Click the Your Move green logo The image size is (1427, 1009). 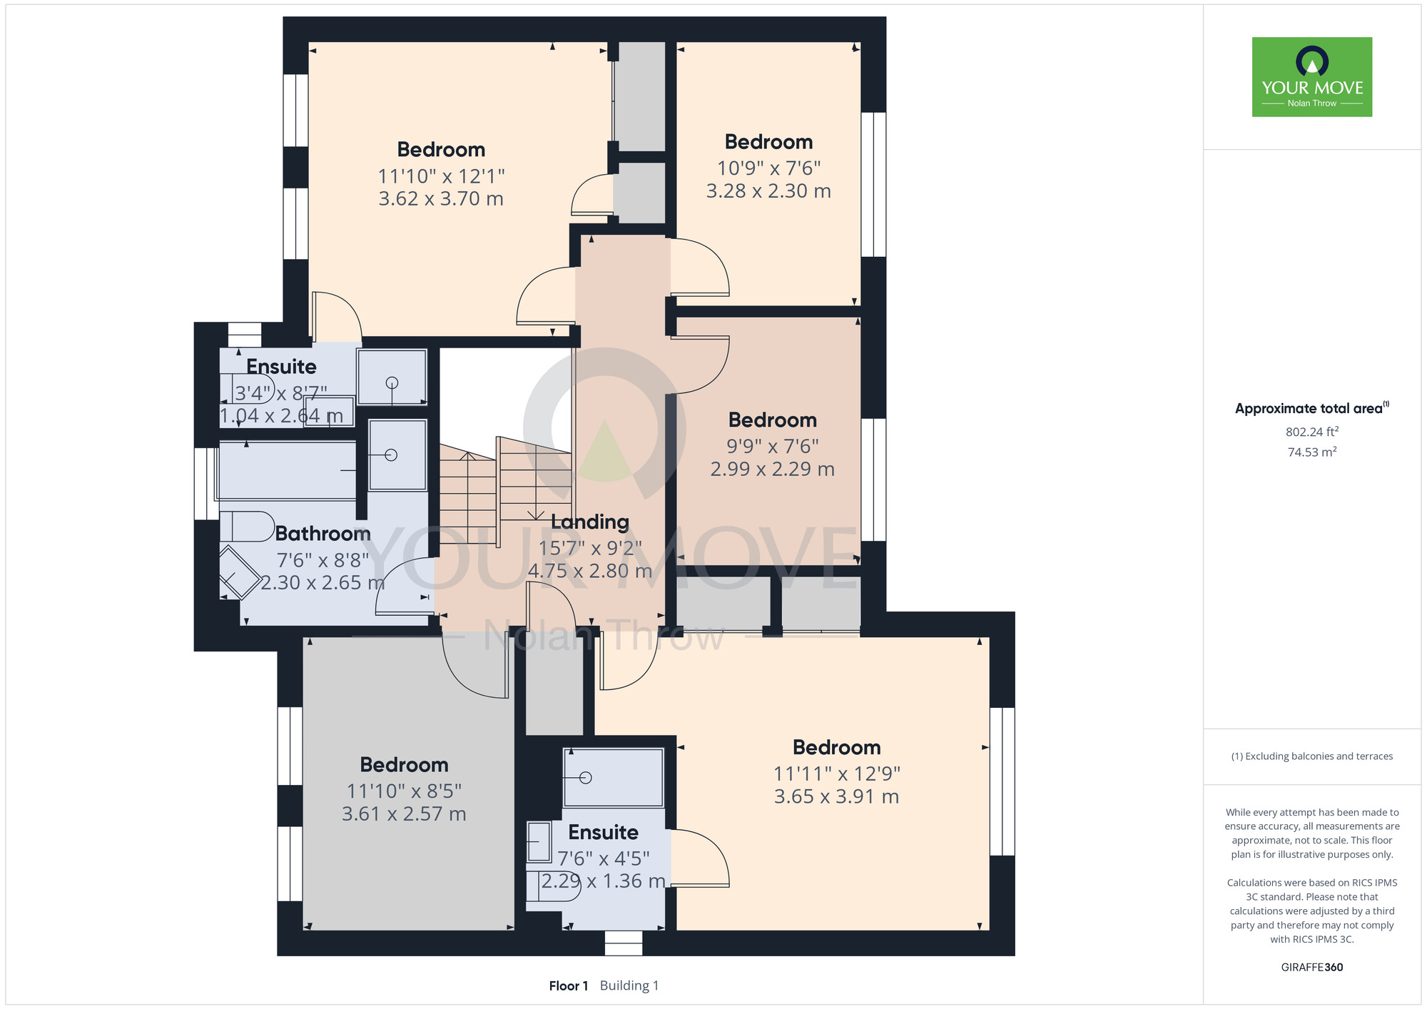(1311, 77)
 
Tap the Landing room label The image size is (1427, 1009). (590, 522)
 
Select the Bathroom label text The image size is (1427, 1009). (323, 534)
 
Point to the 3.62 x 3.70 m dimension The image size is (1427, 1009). (441, 198)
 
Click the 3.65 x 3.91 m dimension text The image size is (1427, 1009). (837, 796)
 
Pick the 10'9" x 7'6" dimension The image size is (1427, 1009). (769, 168)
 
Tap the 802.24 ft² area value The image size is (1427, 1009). (1311, 432)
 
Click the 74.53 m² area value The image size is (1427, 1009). (1311, 452)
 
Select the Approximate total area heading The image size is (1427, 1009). (1311, 408)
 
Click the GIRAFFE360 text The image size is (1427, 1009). (1311, 968)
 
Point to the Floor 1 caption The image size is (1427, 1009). (569, 985)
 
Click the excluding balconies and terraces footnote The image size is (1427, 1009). (1311, 756)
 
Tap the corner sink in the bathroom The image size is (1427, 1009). (238, 573)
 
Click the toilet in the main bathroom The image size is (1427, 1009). (247, 527)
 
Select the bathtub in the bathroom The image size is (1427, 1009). (288, 471)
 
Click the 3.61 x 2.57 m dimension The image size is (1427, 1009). (404, 813)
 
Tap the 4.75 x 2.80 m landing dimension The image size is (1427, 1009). (590, 571)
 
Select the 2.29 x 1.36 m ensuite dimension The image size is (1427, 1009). (604, 881)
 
